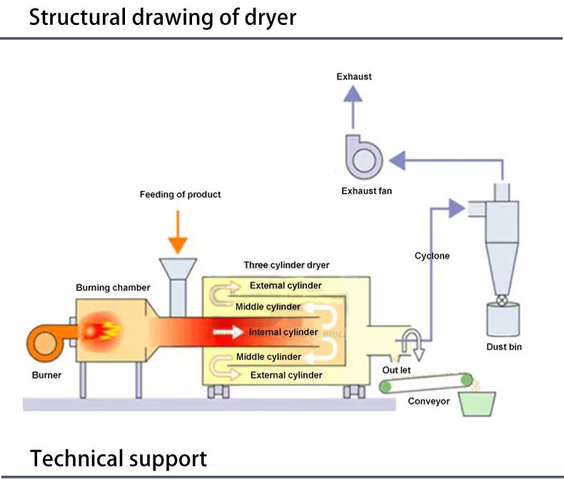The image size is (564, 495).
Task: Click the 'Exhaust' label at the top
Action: (354, 76)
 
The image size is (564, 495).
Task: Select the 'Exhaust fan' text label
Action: (366, 191)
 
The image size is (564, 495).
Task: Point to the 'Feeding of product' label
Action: (180, 194)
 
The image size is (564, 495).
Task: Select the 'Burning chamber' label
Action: (113, 288)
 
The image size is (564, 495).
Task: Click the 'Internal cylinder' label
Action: (283, 332)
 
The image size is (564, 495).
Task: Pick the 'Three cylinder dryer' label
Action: (286, 265)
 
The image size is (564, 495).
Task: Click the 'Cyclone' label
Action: (432, 256)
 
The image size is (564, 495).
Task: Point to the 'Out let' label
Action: (396, 370)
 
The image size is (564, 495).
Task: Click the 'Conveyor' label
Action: (428, 401)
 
